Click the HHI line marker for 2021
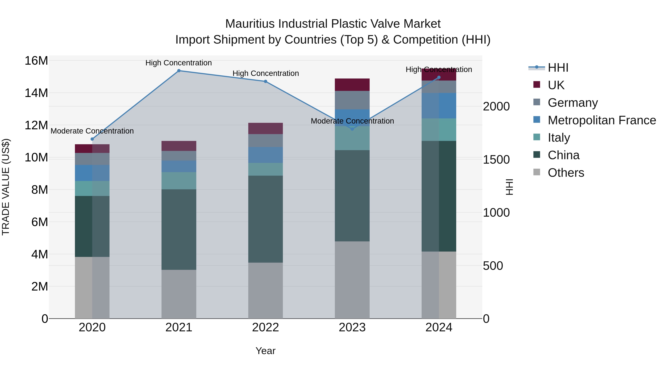[179, 71]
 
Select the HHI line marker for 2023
[352, 129]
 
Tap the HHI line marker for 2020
[92, 139]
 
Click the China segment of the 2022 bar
[265, 219]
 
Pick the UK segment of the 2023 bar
[352, 85]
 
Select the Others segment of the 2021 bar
[179, 294]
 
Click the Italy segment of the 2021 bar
[179, 181]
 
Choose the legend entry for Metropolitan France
[601, 120]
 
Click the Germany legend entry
[572, 103]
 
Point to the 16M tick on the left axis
[36, 61]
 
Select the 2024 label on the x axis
[439, 327]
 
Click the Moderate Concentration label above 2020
[92, 131]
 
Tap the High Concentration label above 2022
[265, 73]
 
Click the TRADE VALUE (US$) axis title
[6, 187]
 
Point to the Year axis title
[265, 351]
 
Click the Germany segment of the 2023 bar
[352, 100]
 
